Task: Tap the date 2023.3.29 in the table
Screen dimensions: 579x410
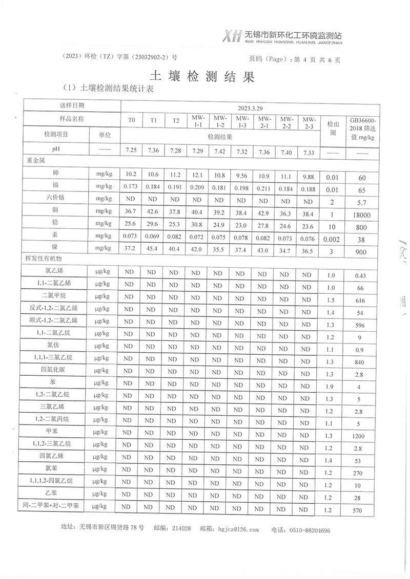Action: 250,109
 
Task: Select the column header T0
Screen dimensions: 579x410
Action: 132,120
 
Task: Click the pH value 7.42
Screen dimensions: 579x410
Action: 219,152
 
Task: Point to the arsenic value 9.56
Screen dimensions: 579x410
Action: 241,176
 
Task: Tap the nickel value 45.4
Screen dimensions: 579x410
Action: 153,248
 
